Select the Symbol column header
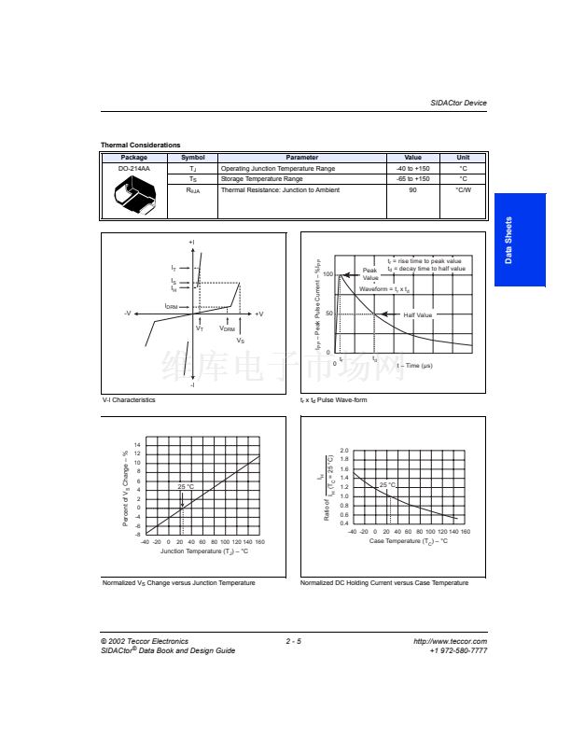click(x=192, y=158)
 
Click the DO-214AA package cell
click(x=134, y=169)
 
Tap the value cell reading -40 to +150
click(x=412, y=169)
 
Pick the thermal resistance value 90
click(x=412, y=190)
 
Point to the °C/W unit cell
click(x=463, y=190)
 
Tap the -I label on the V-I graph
click(x=192, y=383)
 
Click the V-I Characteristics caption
click(x=129, y=399)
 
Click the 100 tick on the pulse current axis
click(x=328, y=273)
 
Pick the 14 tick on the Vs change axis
click(x=138, y=444)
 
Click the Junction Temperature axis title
click(x=203, y=551)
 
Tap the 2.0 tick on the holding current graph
click(x=343, y=450)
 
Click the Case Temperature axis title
click(x=409, y=540)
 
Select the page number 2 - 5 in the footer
click(x=293, y=641)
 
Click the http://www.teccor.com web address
click(x=450, y=641)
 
